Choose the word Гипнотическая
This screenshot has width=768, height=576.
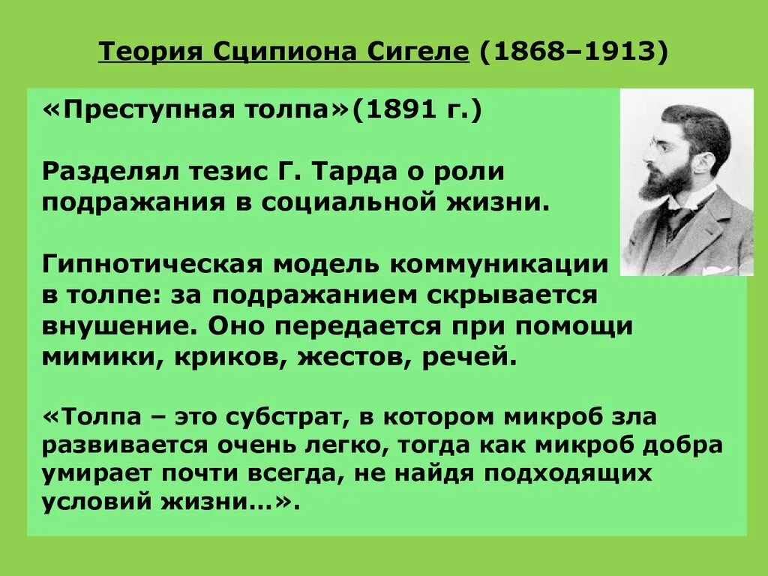[150, 264]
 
